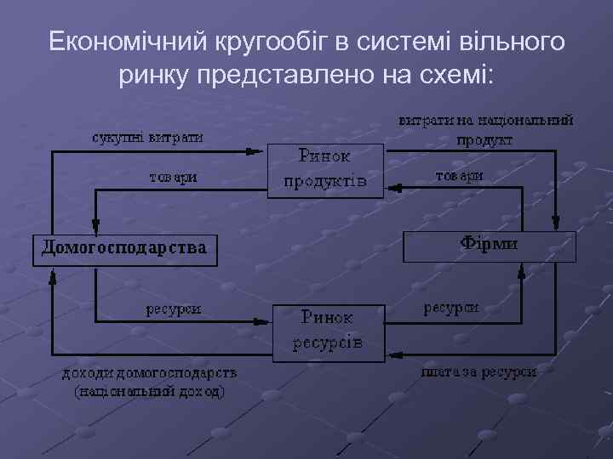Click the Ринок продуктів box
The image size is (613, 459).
tap(325, 170)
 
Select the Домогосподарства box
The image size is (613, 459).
tap(124, 249)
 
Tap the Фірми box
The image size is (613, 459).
tap(489, 246)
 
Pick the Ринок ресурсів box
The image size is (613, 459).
tap(328, 331)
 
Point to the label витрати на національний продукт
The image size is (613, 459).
tap(486, 130)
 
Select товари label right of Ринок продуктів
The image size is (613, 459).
tap(460, 175)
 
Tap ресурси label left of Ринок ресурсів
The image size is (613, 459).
tap(173, 309)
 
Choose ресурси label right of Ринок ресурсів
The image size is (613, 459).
tap(451, 307)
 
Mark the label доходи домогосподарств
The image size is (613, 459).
tap(149, 373)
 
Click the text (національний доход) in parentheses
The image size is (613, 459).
tap(149, 391)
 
